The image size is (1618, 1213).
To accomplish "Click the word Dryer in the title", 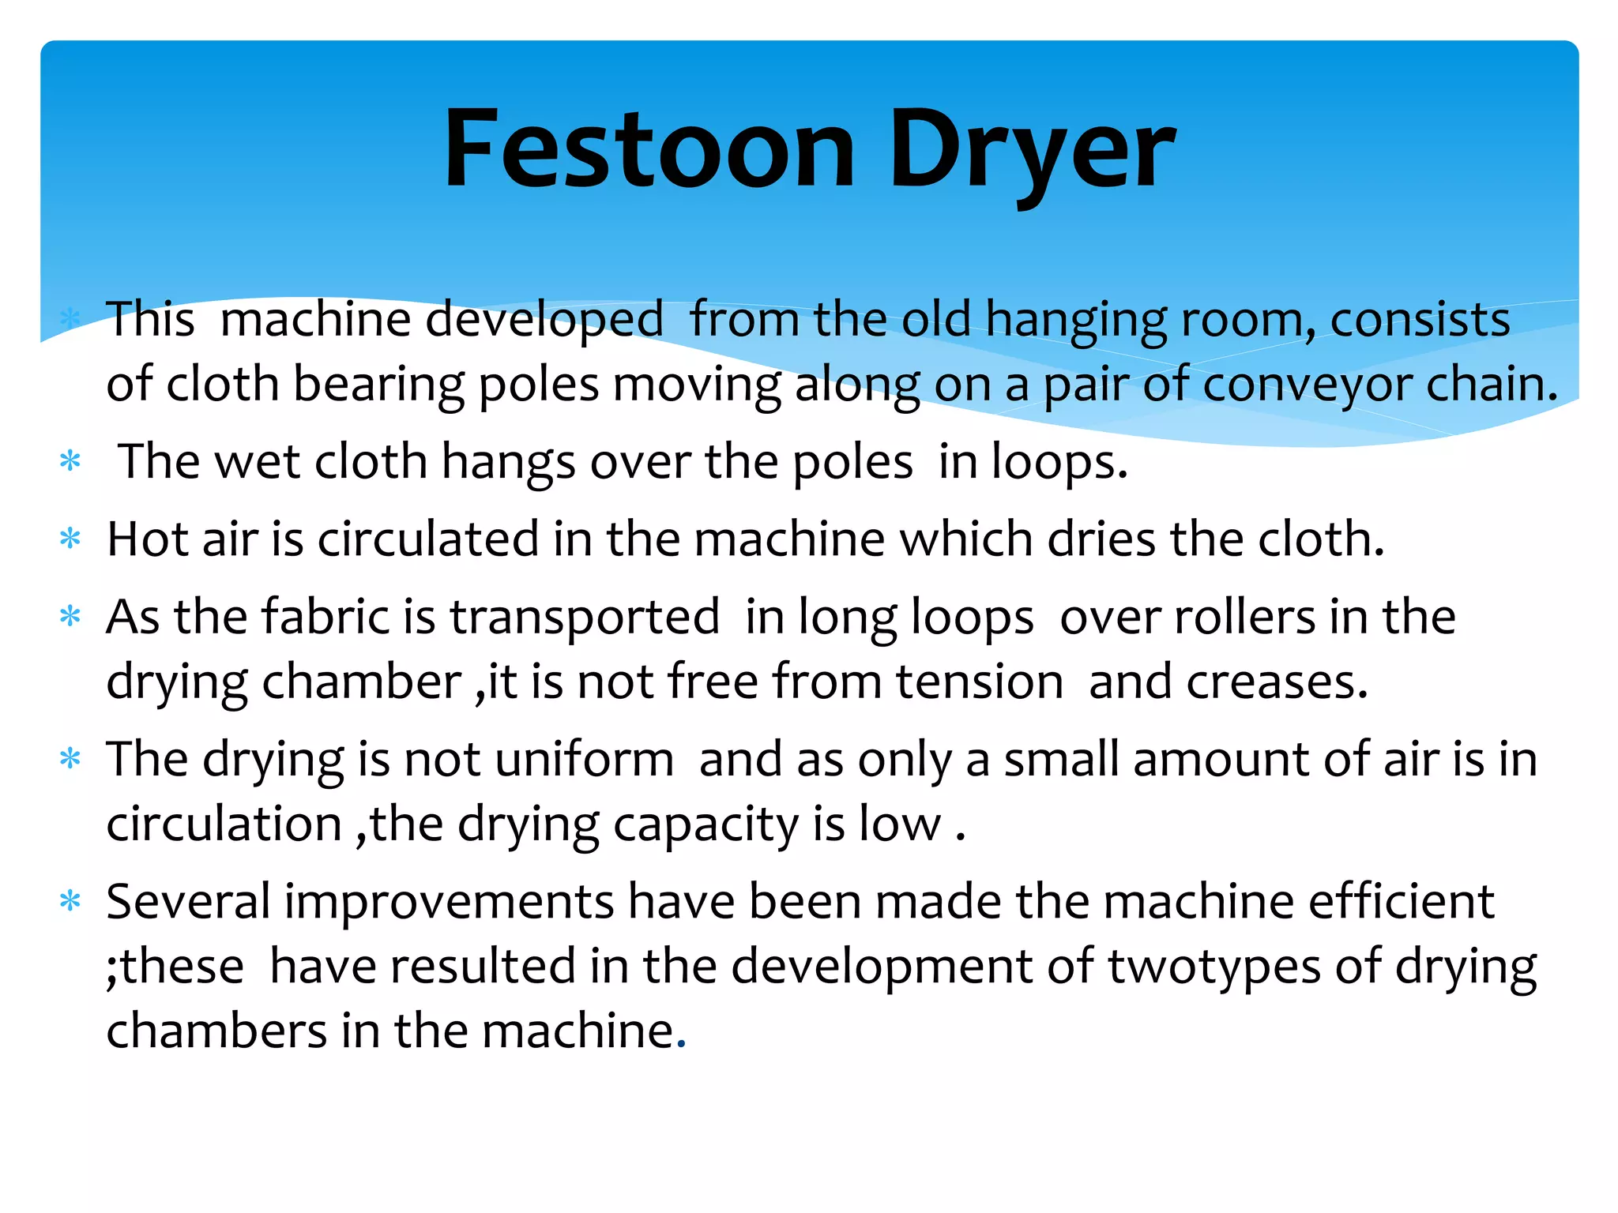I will click(1032, 151).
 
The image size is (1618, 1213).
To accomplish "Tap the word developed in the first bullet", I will click(544, 321).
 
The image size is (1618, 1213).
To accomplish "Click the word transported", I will click(585, 618).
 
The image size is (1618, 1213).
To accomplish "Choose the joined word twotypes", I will click(1214, 967).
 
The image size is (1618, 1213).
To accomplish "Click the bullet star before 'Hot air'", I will click(70, 539).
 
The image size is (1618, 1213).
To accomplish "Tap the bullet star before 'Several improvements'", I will click(70, 901).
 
